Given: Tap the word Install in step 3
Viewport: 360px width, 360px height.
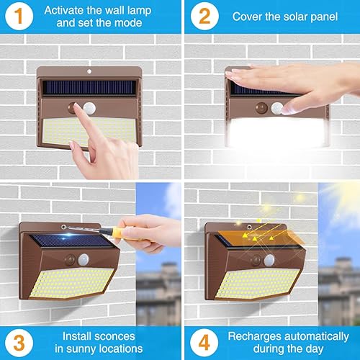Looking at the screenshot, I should coord(78,336).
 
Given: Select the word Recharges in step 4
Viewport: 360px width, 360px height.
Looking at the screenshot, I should coord(251,336).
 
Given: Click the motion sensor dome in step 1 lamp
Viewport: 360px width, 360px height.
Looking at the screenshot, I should coord(90,108).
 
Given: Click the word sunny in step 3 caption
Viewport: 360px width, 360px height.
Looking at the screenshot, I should coord(84,348).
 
